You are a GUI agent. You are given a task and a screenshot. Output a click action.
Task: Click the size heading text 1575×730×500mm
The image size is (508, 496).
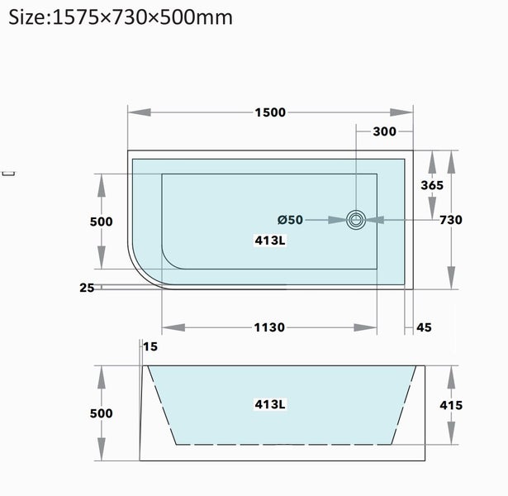coord(121,17)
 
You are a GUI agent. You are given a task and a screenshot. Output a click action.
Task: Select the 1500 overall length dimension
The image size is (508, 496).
coord(269,112)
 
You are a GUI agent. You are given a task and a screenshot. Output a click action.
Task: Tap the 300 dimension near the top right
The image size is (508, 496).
coord(384,131)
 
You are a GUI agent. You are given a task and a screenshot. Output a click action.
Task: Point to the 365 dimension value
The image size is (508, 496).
coord(432,185)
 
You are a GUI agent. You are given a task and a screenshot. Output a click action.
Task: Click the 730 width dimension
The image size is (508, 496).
coord(451,220)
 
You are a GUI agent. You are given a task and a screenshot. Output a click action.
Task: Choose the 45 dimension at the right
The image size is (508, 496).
coord(424,327)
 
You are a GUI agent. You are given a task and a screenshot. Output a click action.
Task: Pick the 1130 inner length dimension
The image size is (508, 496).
coord(269,327)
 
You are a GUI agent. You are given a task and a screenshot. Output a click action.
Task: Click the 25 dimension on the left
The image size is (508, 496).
coord(87,288)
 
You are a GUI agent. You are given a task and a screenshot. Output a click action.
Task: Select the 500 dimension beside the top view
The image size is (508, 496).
coord(101,222)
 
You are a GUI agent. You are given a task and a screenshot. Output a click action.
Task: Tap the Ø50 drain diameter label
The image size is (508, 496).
coord(290,220)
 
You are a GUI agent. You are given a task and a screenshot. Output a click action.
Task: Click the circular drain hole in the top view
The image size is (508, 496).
coord(357,220)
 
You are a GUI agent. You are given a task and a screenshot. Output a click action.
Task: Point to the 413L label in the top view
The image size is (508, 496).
coord(269,241)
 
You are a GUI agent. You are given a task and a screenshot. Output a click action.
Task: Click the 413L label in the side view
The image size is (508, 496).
coord(269,404)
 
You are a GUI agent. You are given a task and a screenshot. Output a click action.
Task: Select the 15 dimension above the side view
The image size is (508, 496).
coord(150,346)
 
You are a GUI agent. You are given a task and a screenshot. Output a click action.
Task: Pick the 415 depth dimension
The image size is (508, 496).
coord(451,405)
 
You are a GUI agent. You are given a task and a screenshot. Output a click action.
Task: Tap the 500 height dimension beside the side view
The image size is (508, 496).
coord(101,413)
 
